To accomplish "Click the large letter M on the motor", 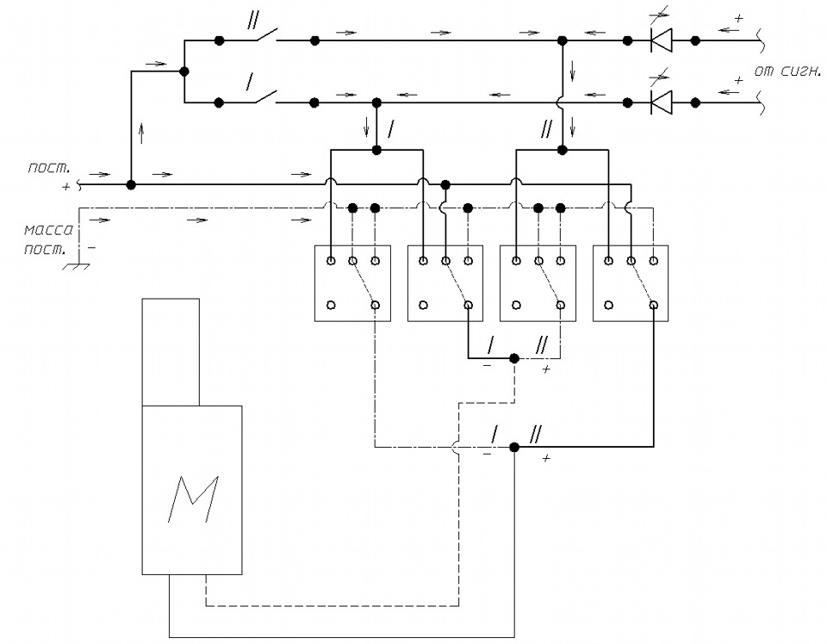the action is [192, 499].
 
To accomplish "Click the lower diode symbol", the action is [661, 102].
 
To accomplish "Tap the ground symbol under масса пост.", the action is [77, 266].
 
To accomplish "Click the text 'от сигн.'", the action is [787, 71].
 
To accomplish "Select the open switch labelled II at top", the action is [266, 36].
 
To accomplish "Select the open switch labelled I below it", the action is [266, 97].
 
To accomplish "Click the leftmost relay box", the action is [353, 283].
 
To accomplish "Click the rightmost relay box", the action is [631, 283].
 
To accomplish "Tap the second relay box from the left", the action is [445, 283].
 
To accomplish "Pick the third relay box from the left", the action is [538, 283].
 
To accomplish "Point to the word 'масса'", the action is [48, 231].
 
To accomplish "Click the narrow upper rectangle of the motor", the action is [171, 352].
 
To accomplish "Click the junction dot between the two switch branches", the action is [184, 71].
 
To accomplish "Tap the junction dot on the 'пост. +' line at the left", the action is [131, 184].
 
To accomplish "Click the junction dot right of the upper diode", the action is [695, 40].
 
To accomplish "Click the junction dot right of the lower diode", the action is [695, 102].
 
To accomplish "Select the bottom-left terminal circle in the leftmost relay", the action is [331, 305].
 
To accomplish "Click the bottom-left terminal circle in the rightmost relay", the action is [609, 305].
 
